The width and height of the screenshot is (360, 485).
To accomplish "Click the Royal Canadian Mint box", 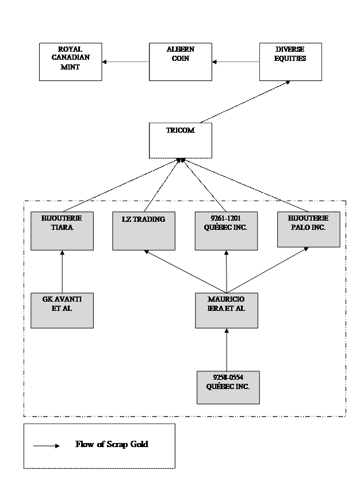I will click(x=70, y=61).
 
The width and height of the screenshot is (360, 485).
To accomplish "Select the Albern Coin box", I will click(x=180, y=61).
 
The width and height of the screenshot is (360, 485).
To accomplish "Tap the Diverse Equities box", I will click(x=290, y=61).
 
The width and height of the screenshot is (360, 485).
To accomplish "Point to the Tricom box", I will click(x=180, y=140).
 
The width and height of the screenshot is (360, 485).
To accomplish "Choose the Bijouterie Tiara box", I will click(x=62, y=231).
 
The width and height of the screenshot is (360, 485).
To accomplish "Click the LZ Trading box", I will click(x=143, y=231).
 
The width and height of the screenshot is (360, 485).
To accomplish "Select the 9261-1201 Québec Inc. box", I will click(x=226, y=231).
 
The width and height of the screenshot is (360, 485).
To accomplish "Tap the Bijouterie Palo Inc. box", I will click(x=308, y=229).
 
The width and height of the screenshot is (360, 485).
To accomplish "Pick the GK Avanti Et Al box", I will click(x=62, y=310).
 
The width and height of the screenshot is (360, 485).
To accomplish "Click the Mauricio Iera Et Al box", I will click(x=226, y=310).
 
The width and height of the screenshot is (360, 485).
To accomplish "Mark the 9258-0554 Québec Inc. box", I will click(x=227, y=388).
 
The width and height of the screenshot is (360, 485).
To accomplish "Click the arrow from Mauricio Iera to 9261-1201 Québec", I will click(x=226, y=271).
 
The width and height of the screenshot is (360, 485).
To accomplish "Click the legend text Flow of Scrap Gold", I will click(x=112, y=444).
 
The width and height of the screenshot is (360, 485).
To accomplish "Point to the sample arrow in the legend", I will click(x=46, y=445).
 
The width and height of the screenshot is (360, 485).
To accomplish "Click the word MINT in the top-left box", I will click(x=70, y=67).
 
